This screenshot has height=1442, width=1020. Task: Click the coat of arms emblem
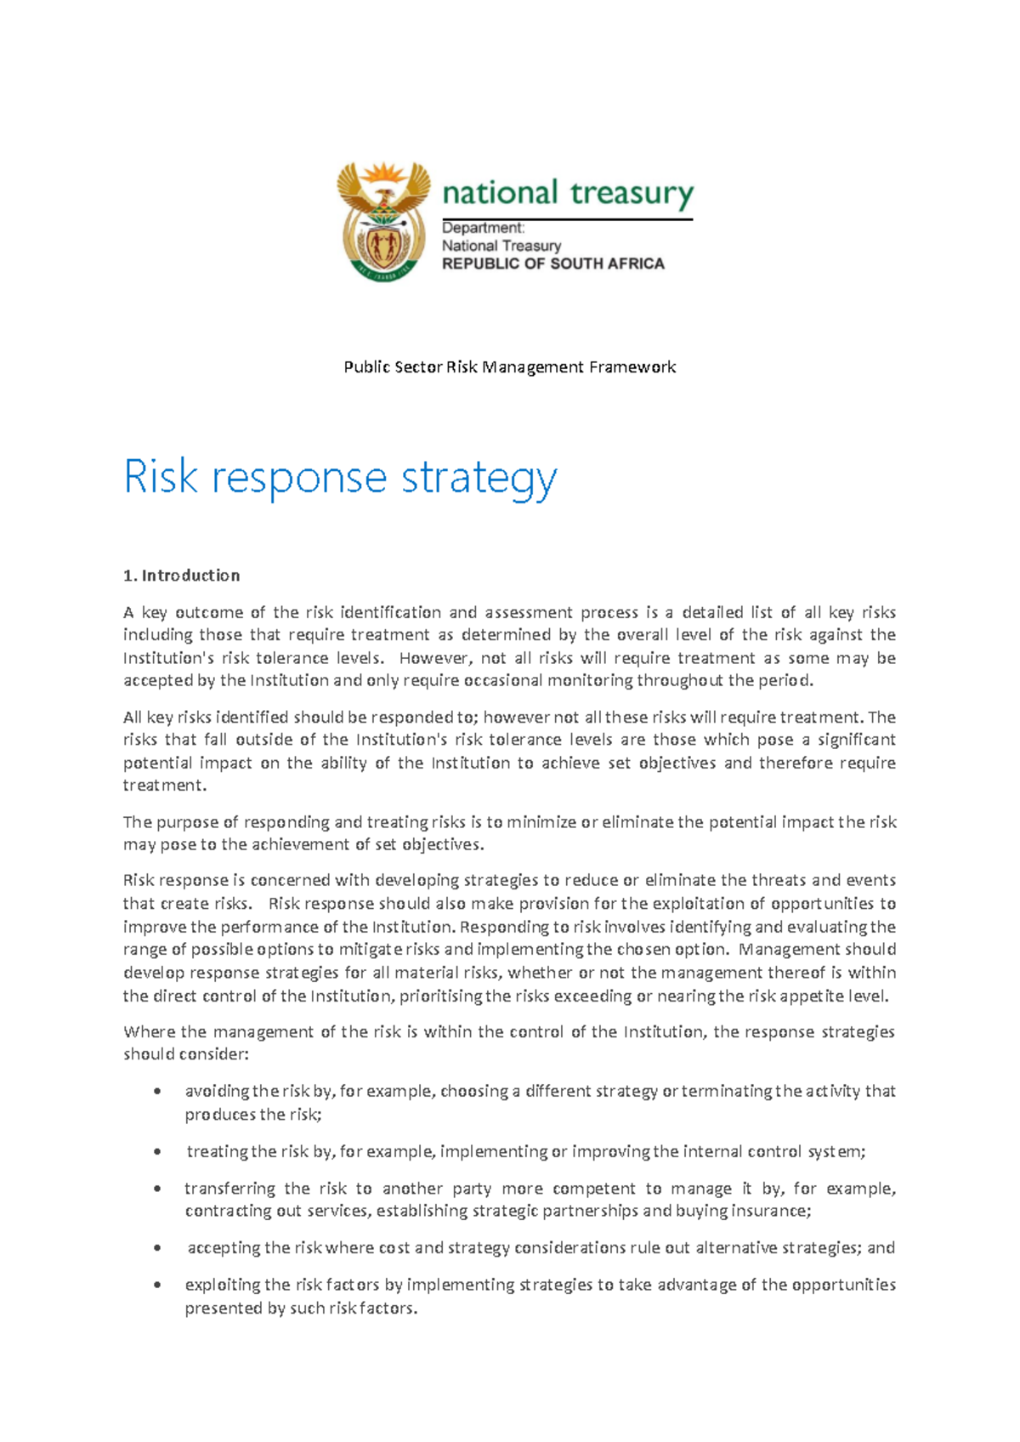pos(383,221)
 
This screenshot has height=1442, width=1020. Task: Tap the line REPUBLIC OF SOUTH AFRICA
pos(552,264)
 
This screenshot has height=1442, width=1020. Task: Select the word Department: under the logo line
pos(483,228)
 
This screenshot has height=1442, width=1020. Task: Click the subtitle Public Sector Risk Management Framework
pos(509,366)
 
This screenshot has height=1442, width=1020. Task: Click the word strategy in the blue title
pos(479,478)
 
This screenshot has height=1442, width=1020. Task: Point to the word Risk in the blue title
pos(161,476)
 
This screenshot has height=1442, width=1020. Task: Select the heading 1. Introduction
pos(181,576)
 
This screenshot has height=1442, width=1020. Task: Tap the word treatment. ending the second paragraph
pos(165,785)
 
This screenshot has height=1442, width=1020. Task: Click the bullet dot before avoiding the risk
pos(157,1091)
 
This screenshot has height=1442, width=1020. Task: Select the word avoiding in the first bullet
pos(217,1091)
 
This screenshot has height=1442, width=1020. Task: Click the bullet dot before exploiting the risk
pos(157,1285)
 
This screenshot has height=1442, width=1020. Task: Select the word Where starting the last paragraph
pos(148,1031)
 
